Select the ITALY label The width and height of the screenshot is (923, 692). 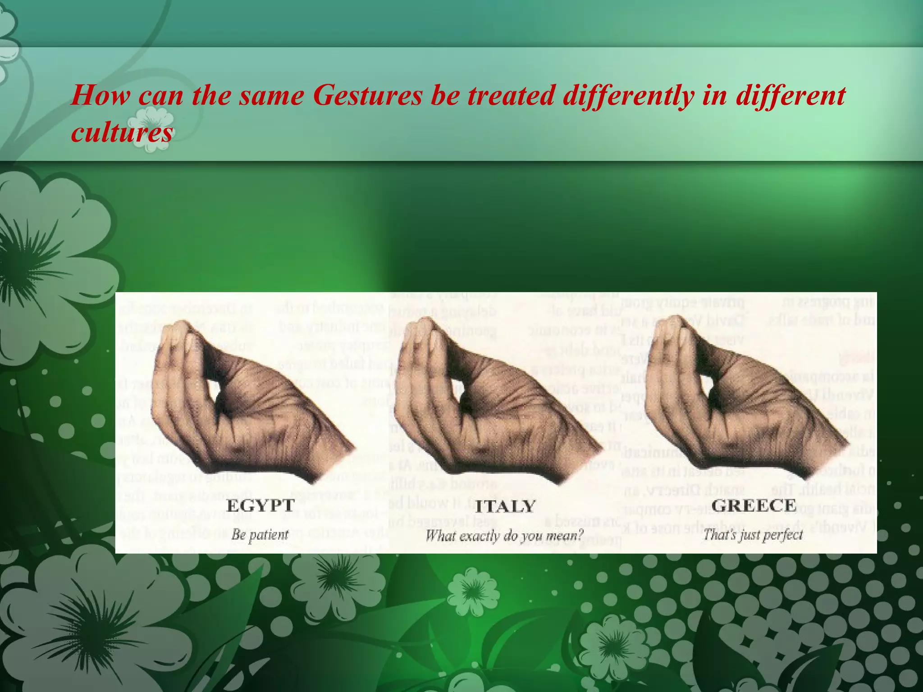[x=505, y=506]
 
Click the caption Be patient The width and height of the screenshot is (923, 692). [x=260, y=535]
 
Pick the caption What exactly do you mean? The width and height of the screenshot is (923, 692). [x=505, y=536]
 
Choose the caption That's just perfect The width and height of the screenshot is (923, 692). [x=753, y=535]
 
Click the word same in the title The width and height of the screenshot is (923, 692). [x=272, y=96]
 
